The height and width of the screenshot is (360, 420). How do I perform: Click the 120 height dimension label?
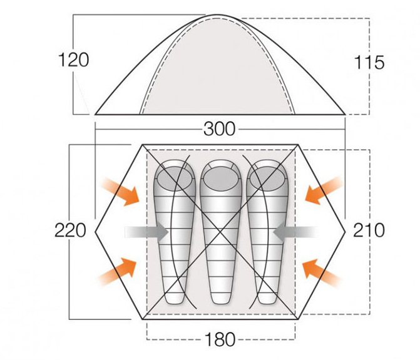[73, 60]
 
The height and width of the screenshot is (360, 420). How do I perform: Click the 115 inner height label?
[369, 63]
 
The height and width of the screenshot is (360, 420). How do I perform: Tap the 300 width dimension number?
[219, 129]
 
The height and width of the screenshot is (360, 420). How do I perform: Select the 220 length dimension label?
[70, 230]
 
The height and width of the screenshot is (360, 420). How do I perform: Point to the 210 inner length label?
[369, 230]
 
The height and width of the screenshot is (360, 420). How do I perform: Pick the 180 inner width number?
[220, 339]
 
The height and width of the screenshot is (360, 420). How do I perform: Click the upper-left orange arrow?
[120, 191]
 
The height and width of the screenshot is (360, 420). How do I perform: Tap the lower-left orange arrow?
[118, 270]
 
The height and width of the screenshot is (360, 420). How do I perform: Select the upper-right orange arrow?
[324, 190]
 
